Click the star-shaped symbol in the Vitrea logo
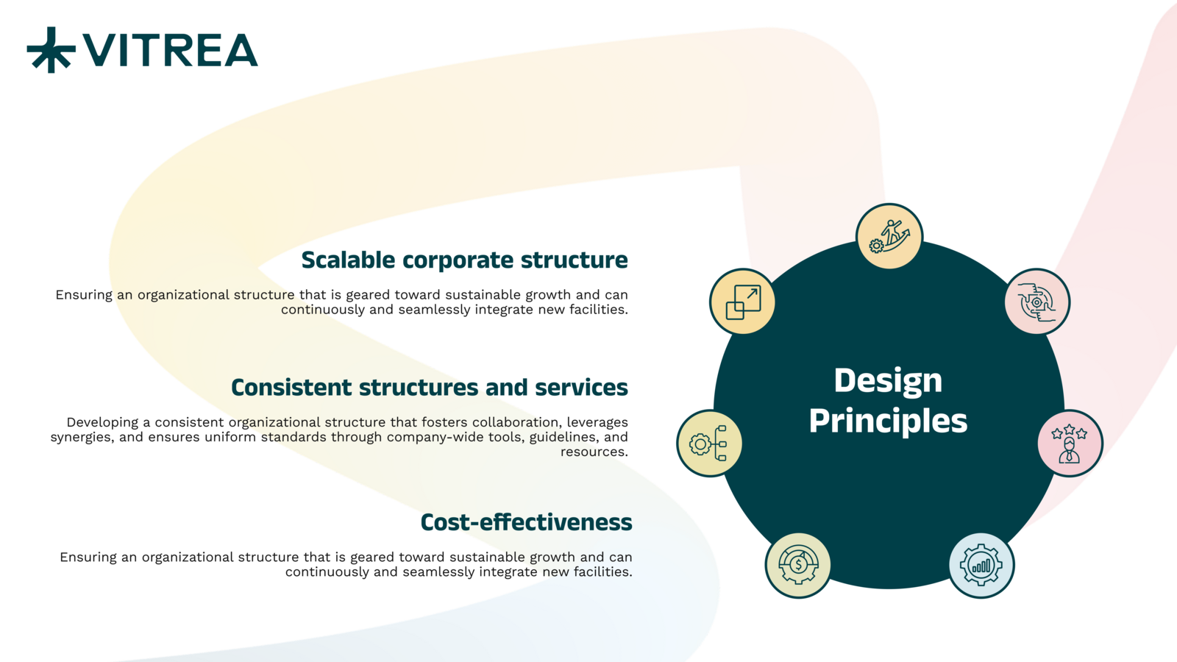51,50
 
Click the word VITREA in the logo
170,51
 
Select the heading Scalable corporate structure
464,260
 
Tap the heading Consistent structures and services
430,387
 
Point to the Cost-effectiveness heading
526,522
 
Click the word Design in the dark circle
888,382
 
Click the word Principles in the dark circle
888,421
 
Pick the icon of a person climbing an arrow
889,236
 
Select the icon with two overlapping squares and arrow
742,302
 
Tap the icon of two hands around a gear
1037,302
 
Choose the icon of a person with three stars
1070,444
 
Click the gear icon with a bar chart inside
981,566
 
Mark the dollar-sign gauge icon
798,566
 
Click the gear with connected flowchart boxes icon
710,444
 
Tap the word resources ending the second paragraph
593,452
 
